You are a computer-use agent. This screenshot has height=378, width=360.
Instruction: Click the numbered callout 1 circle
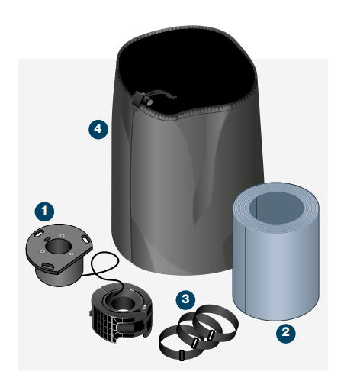[x=44, y=212]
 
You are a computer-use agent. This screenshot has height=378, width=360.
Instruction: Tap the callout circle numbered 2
[x=286, y=333]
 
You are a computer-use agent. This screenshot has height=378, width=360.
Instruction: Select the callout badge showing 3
[x=185, y=300]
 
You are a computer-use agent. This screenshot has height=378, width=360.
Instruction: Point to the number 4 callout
[x=98, y=129]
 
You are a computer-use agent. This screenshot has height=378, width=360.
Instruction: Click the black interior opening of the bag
[x=188, y=71]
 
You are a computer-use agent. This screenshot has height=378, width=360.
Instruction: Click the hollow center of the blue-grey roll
[x=276, y=208]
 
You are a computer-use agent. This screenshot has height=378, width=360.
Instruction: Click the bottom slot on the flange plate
[x=48, y=267]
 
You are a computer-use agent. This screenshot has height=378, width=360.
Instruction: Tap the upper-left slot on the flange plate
[x=39, y=234]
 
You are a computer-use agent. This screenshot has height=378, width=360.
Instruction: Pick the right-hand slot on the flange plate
[x=85, y=240]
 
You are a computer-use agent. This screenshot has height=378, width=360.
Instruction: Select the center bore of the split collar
[x=123, y=304]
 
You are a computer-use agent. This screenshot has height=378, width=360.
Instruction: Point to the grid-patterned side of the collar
[x=103, y=322]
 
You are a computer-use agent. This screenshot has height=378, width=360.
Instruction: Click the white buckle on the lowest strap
[x=182, y=355]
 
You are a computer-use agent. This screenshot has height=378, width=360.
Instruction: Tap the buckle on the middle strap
[x=195, y=343]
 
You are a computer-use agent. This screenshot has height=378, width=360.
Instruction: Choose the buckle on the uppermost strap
[x=211, y=335]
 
